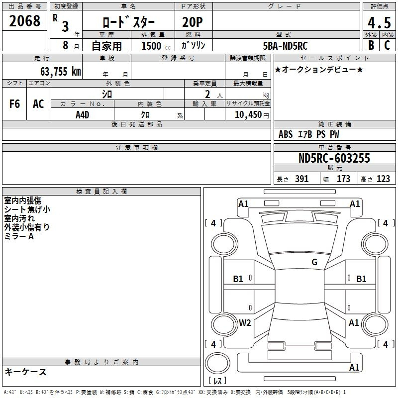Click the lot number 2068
24,21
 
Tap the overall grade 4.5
379,23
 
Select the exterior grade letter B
371,45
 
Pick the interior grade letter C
387,45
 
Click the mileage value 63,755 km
61,72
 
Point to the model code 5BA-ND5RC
285,46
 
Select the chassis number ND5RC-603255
334,158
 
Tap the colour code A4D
83,115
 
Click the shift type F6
14,104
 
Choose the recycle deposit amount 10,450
248,115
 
